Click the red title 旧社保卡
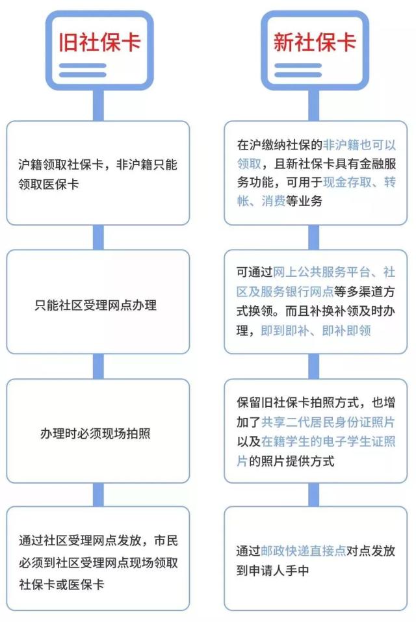pos(100,42)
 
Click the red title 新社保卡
pos(315,42)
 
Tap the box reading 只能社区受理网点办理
pos(98,302)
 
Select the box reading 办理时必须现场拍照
pos(98,431)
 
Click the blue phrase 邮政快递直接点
pos(304,551)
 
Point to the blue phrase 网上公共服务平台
pos(322,272)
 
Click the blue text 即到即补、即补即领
pos(316,330)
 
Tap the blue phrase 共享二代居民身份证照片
pos(328,422)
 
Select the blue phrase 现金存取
pos(347,182)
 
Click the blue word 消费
pos(274,201)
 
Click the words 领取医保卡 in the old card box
pos(48,184)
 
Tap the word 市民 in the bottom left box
pos(166,540)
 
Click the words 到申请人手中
pos(273,571)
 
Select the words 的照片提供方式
pos(291,461)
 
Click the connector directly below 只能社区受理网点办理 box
pos(98,366)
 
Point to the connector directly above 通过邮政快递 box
pos(314,495)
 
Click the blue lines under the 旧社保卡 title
pos(83,70)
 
